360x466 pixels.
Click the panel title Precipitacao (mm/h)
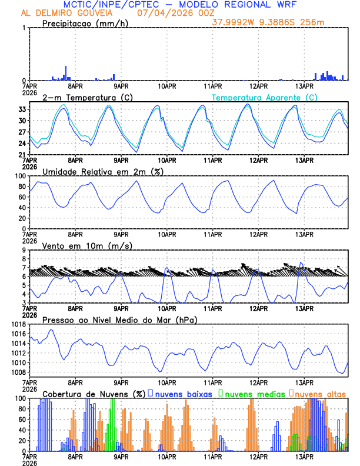[84, 24]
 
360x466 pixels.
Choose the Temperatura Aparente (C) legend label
[265, 97]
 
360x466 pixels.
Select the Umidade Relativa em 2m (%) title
[102, 171]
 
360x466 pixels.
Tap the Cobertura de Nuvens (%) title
[94, 393]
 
